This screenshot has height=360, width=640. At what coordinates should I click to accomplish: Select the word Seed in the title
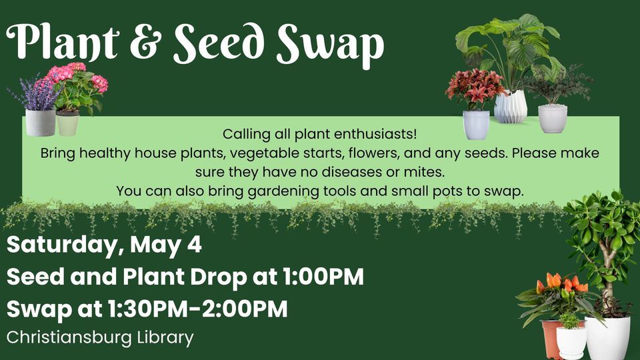218,42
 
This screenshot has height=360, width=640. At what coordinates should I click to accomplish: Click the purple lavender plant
37,93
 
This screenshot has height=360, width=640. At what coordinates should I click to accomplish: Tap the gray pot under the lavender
41,123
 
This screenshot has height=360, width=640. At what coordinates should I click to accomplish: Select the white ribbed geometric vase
511,107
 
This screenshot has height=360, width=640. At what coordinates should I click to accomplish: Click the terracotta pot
551,339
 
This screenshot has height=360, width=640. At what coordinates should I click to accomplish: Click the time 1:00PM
323,277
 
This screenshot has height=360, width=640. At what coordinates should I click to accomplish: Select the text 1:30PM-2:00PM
198,309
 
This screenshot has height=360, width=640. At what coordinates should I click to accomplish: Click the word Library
165,339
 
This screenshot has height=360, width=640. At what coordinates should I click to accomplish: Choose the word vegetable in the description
269,153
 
